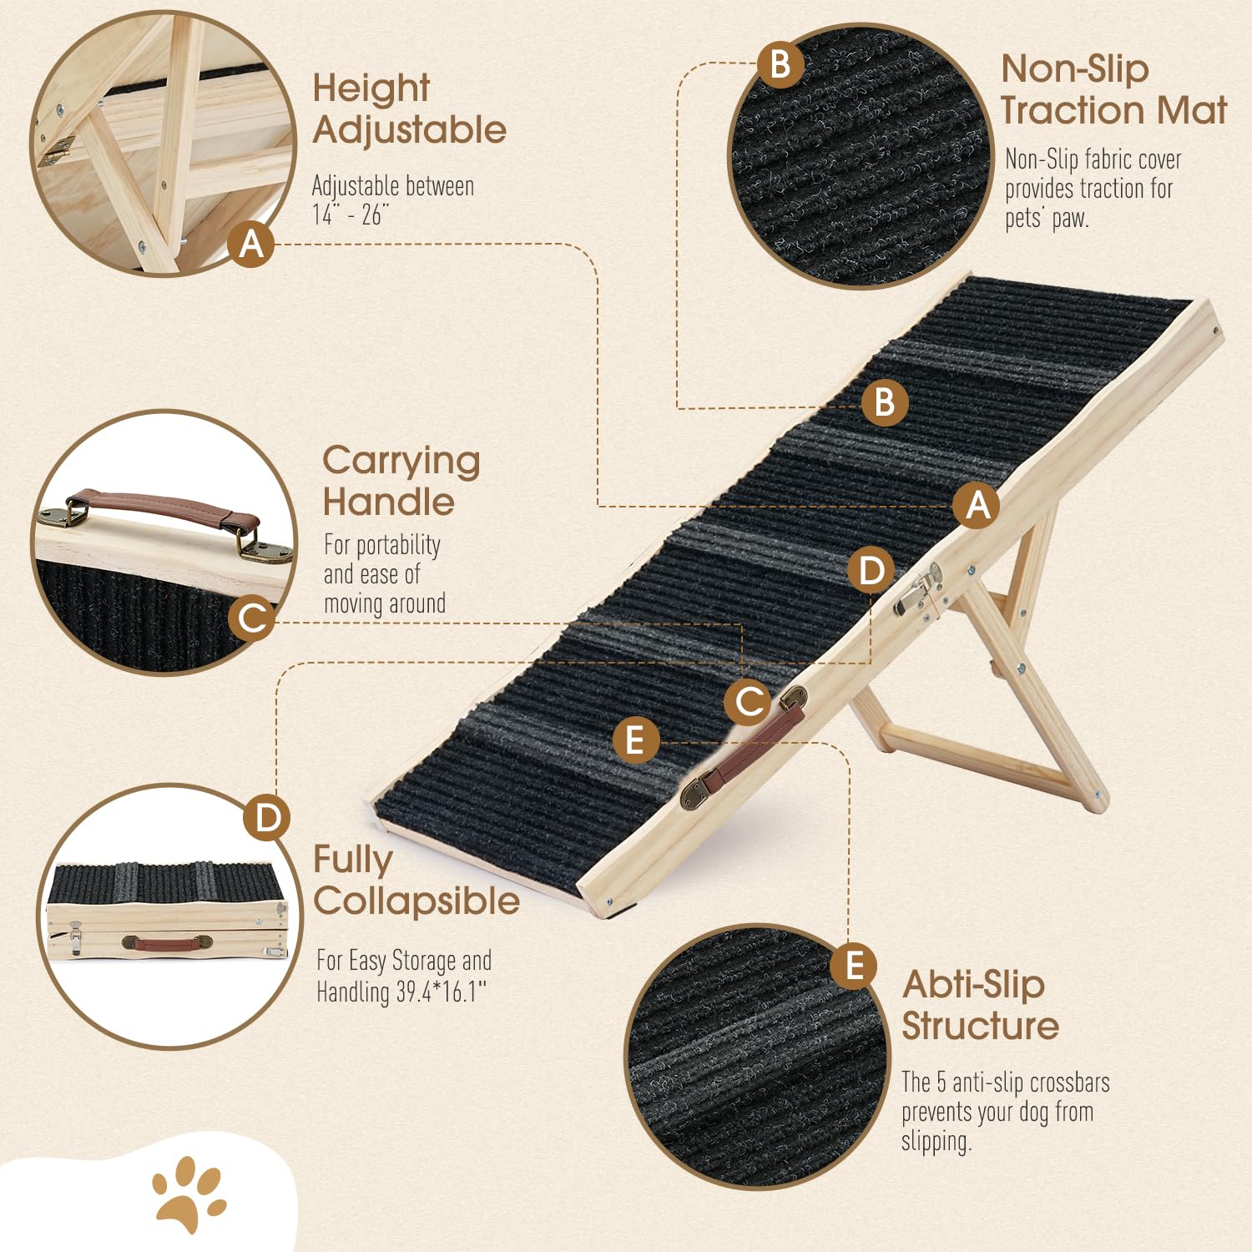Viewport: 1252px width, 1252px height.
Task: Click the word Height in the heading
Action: point(371,88)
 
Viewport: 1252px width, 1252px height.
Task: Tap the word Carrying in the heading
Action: point(401,461)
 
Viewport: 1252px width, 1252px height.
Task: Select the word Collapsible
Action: point(416,901)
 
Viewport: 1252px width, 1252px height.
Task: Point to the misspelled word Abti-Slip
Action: point(973,985)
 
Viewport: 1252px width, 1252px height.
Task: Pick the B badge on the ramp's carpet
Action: point(884,402)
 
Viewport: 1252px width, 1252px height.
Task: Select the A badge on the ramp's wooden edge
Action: point(977,506)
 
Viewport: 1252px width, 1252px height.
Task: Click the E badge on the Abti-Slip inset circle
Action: point(853,966)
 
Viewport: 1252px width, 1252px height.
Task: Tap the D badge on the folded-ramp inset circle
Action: point(267,819)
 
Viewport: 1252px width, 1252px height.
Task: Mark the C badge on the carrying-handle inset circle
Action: point(251,618)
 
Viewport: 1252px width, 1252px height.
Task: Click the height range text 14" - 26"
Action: point(351,215)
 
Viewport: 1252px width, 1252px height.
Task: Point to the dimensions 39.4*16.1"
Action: point(442,992)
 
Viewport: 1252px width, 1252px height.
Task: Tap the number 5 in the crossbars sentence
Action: point(941,1083)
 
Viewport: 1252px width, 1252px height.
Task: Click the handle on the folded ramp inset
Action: point(167,943)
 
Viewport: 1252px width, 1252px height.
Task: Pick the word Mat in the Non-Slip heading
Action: point(1198,110)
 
